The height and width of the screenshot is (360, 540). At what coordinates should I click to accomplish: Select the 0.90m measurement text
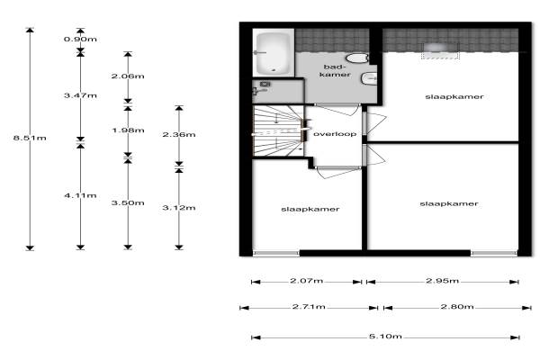(x=80, y=40)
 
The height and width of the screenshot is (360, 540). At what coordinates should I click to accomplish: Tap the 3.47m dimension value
(x=80, y=94)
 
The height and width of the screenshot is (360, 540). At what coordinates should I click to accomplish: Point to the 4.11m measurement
(x=80, y=195)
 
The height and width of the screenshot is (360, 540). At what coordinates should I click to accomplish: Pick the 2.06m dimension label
(x=128, y=76)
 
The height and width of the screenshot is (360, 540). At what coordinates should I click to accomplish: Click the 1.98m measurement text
(x=128, y=130)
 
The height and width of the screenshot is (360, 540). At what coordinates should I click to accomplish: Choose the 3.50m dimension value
(x=128, y=203)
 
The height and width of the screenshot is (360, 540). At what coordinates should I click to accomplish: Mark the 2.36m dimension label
(x=178, y=134)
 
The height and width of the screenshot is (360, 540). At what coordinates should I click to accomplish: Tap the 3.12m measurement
(x=178, y=208)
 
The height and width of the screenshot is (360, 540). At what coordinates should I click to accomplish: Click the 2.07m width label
(x=308, y=281)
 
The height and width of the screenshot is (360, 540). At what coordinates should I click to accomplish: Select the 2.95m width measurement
(x=441, y=281)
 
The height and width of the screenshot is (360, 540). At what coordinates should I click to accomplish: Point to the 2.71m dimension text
(x=308, y=308)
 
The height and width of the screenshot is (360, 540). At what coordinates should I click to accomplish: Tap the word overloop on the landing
(x=335, y=134)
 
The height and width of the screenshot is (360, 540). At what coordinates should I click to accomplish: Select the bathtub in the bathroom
(x=272, y=53)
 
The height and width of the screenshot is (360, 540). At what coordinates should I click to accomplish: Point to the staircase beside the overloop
(x=275, y=131)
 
